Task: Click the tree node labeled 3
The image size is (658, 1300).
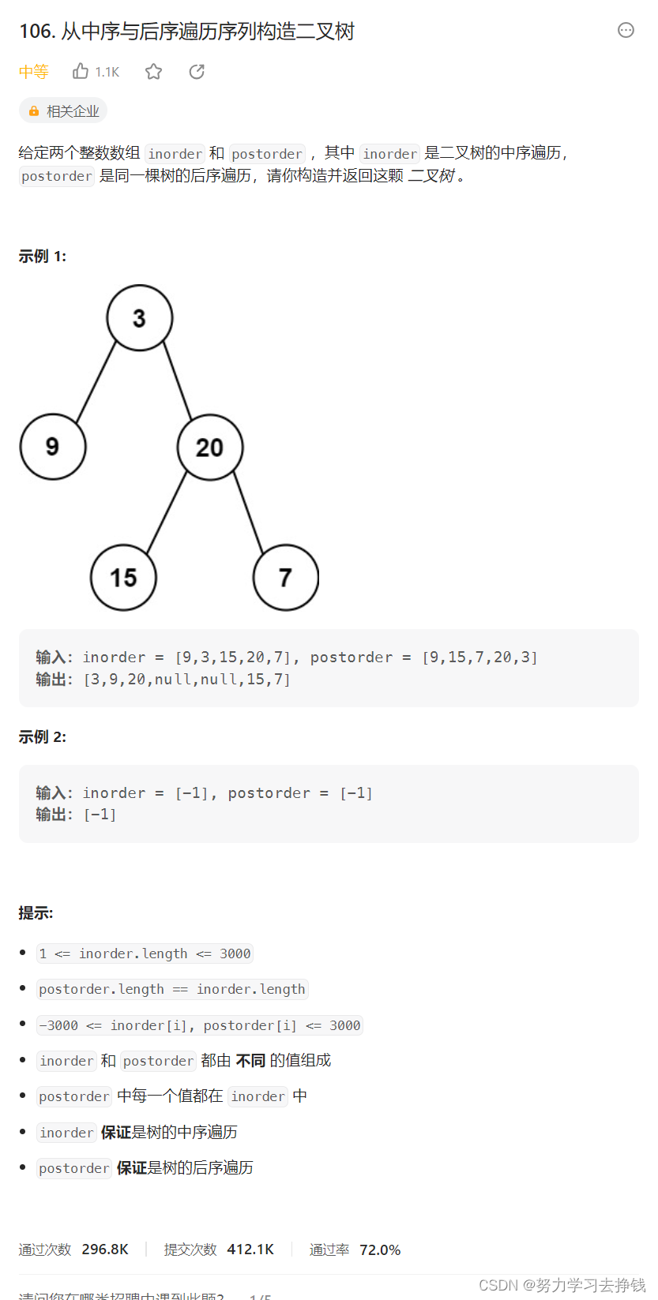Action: (140, 318)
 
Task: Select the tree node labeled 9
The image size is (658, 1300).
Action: (53, 447)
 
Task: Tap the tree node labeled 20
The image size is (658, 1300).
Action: (210, 448)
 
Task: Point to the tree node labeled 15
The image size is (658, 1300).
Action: (123, 578)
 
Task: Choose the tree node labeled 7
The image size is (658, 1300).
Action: (285, 578)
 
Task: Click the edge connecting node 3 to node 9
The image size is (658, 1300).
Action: (96, 382)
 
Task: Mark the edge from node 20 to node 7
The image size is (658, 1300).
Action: (248, 512)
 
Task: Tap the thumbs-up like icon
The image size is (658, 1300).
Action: (81, 72)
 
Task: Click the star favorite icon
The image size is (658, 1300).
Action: (153, 72)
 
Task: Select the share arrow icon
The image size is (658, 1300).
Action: (197, 72)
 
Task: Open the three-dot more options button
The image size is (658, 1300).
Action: (626, 30)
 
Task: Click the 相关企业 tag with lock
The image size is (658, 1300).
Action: (63, 111)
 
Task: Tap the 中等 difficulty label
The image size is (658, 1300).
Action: (34, 72)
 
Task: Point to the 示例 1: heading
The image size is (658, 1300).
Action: (43, 257)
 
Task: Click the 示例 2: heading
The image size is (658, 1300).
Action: (43, 737)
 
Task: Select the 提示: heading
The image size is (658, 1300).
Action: (36, 913)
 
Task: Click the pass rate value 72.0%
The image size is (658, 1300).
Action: (380, 1249)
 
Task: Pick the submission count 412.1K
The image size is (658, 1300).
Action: (250, 1249)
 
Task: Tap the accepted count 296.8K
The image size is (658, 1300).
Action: (105, 1249)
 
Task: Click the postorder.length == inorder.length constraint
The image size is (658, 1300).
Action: (172, 989)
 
